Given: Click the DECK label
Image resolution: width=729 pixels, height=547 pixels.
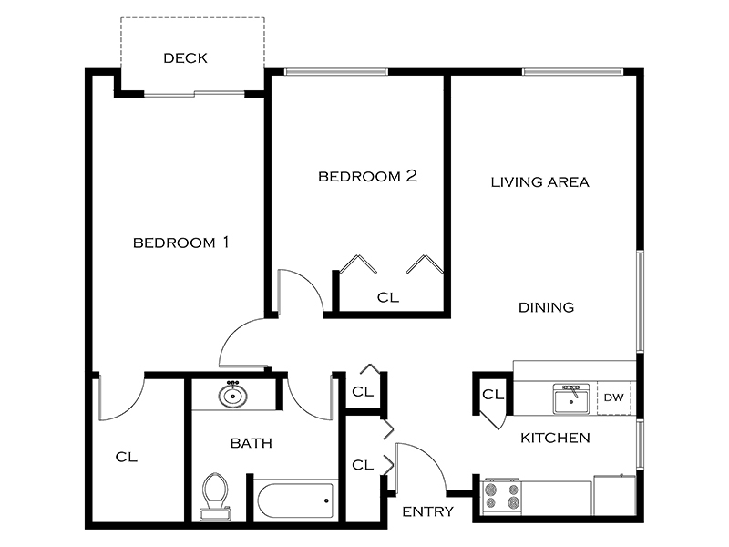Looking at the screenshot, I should [185, 58].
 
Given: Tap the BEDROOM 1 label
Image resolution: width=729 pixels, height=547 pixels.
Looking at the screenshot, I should [180, 243].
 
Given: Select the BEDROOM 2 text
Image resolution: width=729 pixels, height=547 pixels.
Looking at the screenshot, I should [367, 176].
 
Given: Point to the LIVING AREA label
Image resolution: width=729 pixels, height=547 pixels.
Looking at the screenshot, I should [539, 181].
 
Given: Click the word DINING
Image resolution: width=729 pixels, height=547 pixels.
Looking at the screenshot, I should [546, 307].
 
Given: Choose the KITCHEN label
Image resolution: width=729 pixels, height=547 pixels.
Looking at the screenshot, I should [555, 439].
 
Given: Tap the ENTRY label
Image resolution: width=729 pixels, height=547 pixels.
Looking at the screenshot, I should [427, 511].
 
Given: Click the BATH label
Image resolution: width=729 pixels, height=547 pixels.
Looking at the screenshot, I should [251, 444].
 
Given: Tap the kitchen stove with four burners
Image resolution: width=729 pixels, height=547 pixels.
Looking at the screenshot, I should [501, 497].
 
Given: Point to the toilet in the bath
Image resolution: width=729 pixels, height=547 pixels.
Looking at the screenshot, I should [215, 495].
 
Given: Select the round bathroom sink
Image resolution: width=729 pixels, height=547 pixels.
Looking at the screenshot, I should [233, 396].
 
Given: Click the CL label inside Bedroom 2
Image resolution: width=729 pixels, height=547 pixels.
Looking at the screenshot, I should [387, 297].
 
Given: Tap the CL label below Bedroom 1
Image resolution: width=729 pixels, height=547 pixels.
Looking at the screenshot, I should [126, 457].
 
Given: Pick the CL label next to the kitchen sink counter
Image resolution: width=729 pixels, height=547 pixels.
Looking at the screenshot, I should [493, 395].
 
